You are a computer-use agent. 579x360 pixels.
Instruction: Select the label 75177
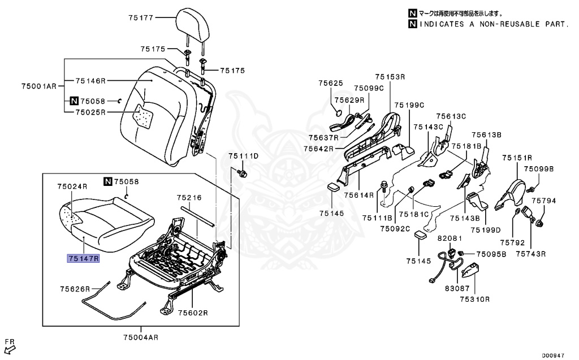141,18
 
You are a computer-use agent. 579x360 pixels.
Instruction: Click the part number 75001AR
39,86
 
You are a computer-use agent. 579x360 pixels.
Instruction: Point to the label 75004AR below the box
141,337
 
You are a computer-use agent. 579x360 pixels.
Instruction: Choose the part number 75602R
193,312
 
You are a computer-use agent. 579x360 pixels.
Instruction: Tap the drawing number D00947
554,355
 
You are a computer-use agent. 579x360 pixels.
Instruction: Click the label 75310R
474,298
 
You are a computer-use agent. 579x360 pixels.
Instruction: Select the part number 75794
547,201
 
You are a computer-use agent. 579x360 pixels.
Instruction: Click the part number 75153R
390,76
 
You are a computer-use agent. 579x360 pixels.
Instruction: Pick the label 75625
331,83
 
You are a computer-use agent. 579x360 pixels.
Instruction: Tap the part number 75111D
243,155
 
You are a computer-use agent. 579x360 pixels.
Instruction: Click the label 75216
189,198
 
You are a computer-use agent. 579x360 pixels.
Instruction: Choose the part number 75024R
72,186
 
